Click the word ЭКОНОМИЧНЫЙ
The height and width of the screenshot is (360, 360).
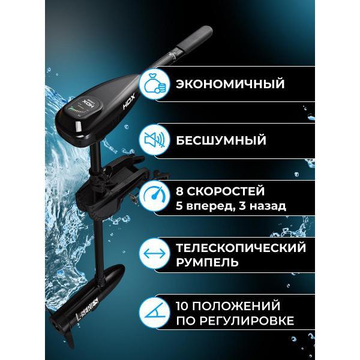tap(230, 83)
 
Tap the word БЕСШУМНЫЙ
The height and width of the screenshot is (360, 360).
tap(221, 140)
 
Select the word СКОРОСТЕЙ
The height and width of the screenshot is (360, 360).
tap(226, 191)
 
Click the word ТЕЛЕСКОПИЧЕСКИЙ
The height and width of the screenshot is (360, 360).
tap(241, 248)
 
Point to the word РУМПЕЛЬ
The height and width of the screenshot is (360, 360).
tap(207, 262)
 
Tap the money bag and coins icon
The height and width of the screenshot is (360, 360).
tap(154, 84)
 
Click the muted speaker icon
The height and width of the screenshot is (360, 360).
tap(154, 140)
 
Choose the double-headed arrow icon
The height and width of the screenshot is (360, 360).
tap(154, 254)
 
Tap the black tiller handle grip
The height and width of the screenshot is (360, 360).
tap(199, 38)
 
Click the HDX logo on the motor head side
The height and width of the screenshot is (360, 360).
tap(129, 101)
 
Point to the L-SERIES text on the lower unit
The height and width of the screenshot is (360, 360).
tap(87, 309)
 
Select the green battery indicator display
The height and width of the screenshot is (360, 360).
tap(74, 110)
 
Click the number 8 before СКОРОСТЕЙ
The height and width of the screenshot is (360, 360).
tap(179, 191)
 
